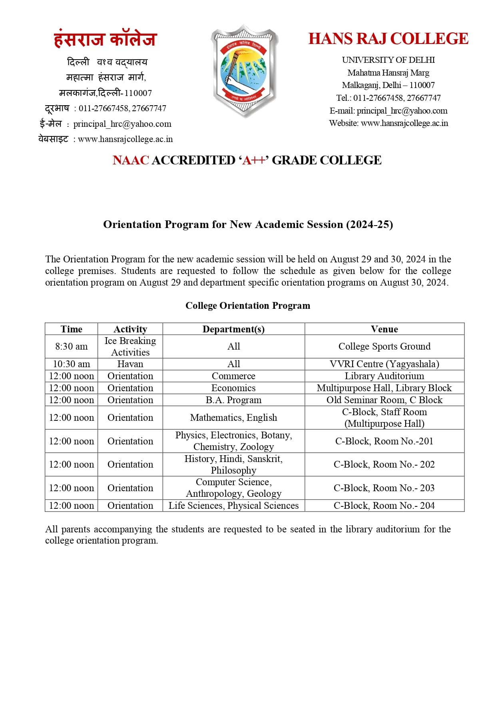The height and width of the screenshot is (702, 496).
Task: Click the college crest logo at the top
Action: tap(244, 71)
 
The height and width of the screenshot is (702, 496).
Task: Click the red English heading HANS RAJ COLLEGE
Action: tap(388, 39)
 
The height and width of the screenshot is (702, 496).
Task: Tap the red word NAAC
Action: tap(131, 160)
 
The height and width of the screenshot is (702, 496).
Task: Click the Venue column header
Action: tap(384, 329)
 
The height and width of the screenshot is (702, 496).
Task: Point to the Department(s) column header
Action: tap(233, 329)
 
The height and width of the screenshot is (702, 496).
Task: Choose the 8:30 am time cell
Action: tap(71, 346)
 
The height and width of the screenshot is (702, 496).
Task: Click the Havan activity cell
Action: tap(130, 364)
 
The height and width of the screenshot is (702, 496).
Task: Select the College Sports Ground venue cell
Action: tap(384, 346)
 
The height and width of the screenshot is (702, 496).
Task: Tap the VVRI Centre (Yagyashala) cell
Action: tap(384, 364)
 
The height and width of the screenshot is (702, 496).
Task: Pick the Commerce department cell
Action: tap(233, 376)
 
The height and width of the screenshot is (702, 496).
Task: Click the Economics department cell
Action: tap(233, 388)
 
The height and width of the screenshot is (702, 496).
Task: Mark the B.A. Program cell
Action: tap(233, 400)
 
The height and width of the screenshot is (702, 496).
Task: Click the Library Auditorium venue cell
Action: tap(384, 376)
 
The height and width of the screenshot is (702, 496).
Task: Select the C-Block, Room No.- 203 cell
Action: tap(384, 488)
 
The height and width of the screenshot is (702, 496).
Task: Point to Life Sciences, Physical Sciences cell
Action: tap(233, 506)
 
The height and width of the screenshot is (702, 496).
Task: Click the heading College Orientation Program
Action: tap(248, 306)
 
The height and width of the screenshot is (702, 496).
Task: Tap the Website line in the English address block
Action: tap(388, 123)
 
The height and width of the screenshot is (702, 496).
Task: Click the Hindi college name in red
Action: tap(106, 39)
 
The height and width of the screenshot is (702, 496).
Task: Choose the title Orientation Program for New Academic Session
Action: tap(248, 224)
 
